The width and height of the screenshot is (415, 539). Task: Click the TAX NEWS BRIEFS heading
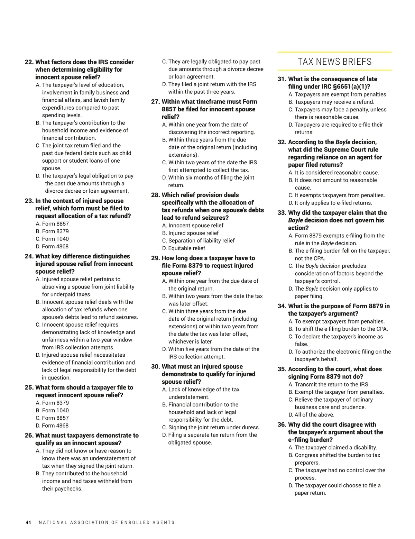(x=334, y=62)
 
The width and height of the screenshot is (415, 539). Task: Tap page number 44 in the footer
(x=28, y=522)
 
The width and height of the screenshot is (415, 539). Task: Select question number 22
(x=29, y=62)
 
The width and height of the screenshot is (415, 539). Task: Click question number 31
(x=282, y=79)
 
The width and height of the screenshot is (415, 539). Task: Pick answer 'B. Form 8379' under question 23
(x=52, y=231)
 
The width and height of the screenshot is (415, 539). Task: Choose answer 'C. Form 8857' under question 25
(x=52, y=418)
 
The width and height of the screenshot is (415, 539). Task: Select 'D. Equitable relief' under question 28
(x=184, y=248)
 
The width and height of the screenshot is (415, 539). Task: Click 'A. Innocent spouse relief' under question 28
(x=193, y=225)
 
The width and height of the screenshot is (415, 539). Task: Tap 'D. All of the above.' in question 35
(x=312, y=415)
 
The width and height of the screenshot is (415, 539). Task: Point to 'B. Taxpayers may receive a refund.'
(x=331, y=102)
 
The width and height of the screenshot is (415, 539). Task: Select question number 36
(x=282, y=425)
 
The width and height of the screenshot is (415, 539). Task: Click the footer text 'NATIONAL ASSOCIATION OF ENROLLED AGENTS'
(x=107, y=522)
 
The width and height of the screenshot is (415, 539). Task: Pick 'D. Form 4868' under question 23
(x=52, y=246)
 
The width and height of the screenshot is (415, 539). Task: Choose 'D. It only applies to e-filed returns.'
(x=330, y=203)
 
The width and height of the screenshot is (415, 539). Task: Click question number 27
(x=155, y=102)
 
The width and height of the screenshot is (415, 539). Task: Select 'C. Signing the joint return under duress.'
(x=211, y=427)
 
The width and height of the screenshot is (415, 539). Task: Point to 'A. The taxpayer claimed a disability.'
(x=333, y=447)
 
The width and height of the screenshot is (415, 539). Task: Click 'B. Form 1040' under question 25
(x=52, y=410)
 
